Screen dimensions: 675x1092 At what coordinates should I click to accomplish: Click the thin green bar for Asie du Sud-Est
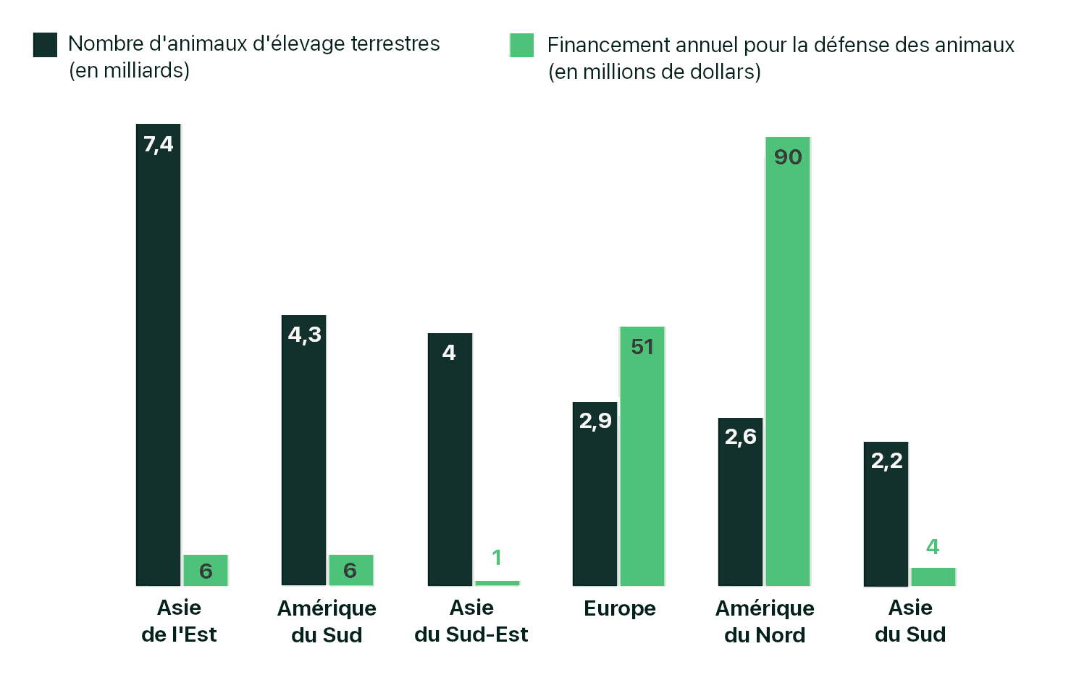point(497,582)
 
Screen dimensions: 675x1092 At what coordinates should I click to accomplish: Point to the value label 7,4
point(158,144)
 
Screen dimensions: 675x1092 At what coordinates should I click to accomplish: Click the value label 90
point(788,157)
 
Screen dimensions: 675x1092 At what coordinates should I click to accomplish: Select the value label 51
point(642,347)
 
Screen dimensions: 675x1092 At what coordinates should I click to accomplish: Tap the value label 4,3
point(304,335)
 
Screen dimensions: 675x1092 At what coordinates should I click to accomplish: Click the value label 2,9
point(595,421)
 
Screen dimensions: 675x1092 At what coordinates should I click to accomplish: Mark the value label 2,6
point(740,437)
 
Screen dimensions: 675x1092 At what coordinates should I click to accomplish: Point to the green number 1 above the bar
point(497,558)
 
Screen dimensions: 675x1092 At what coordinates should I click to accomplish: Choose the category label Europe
point(620,608)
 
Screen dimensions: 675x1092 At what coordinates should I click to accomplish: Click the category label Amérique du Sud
point(327,621)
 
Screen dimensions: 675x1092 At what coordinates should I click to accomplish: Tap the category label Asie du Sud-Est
point(471,621)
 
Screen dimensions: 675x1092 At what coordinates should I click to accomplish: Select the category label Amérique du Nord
point(765,621)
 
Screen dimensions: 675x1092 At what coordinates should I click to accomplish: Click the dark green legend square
point(45,45)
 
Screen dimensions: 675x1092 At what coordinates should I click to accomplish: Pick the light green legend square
point(521,45)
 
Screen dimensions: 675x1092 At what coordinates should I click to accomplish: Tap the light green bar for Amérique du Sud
point(351,570)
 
